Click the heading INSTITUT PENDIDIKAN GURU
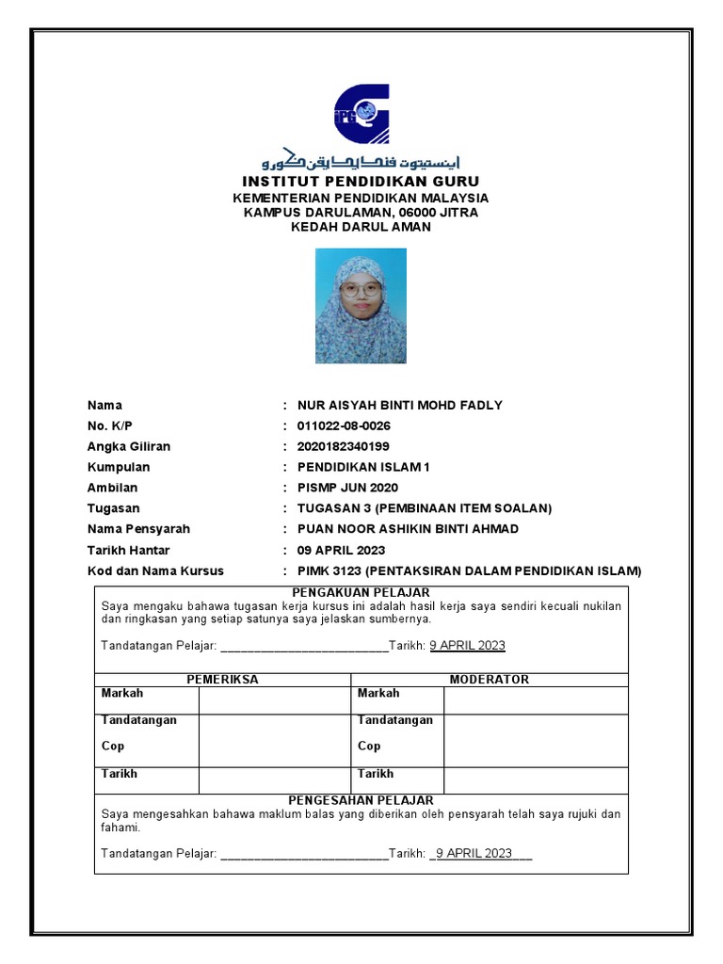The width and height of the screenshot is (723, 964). click(x=361, y=181)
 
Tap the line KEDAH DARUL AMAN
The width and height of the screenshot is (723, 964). click(x=361, y=227)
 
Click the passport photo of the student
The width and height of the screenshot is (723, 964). click(x=361, y=306)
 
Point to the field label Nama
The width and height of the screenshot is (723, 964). click(x=104, y=406)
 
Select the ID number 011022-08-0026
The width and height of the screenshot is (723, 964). click(x=344, y=426)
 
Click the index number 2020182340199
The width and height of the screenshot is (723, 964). click(x=343, y=447)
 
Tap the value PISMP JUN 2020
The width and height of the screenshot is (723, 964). click(x=347, y=489)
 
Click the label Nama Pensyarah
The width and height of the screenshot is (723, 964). click(x=138, y=529)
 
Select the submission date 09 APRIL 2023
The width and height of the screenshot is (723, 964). click(x=341, y=551)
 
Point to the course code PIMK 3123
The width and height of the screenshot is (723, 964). click(x=329, y=571)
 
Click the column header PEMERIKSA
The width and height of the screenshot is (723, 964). click(x=222, y=680)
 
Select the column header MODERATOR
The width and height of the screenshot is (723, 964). click(x=489, y=680)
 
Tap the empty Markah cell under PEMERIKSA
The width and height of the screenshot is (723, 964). click(x=274, y=699)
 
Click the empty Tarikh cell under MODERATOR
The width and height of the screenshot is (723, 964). click(x=535, y=779)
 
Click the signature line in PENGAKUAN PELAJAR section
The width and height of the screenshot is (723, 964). click(x=302, y=647)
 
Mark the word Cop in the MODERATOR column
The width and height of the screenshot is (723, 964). click(x=369, y=747)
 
